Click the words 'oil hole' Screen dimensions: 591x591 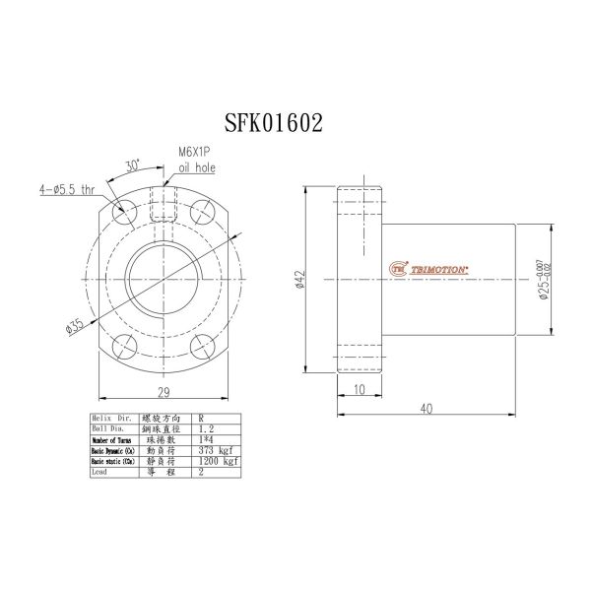(x=196, y=169)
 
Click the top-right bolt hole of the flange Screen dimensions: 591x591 (x=203, y=210)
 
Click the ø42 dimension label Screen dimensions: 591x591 (x=296, y=282)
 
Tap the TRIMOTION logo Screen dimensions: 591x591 (x=432, y=267)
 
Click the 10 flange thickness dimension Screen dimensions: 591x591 (x=358, y=390)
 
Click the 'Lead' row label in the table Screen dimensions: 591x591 (x=99, y=472)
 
